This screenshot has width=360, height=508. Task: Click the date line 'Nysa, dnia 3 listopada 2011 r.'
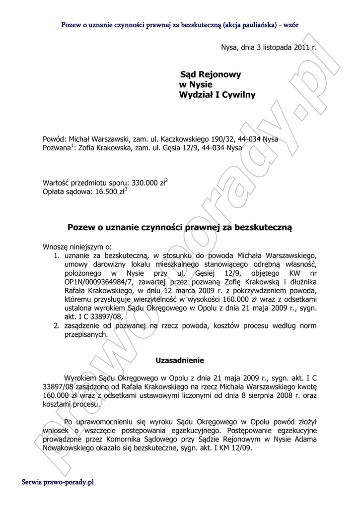[x=268, y=48]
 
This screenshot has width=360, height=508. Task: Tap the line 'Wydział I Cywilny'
[x=217, y=95]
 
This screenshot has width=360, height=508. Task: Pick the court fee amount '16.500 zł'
[x=108, y=191]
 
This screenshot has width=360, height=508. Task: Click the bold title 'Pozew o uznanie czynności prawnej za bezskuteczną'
[x=180, y=227]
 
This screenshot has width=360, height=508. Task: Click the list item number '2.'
[x=57, y=326]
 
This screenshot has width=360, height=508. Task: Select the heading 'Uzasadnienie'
[x=180, y=359]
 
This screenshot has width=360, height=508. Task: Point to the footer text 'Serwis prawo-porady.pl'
[x=58, y=482]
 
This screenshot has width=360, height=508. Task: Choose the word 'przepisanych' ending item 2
[x=85, y=335]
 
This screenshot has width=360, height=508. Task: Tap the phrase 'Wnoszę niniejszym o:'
[x=77, y=246]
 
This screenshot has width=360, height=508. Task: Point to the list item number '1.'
[x=57, y=255]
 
